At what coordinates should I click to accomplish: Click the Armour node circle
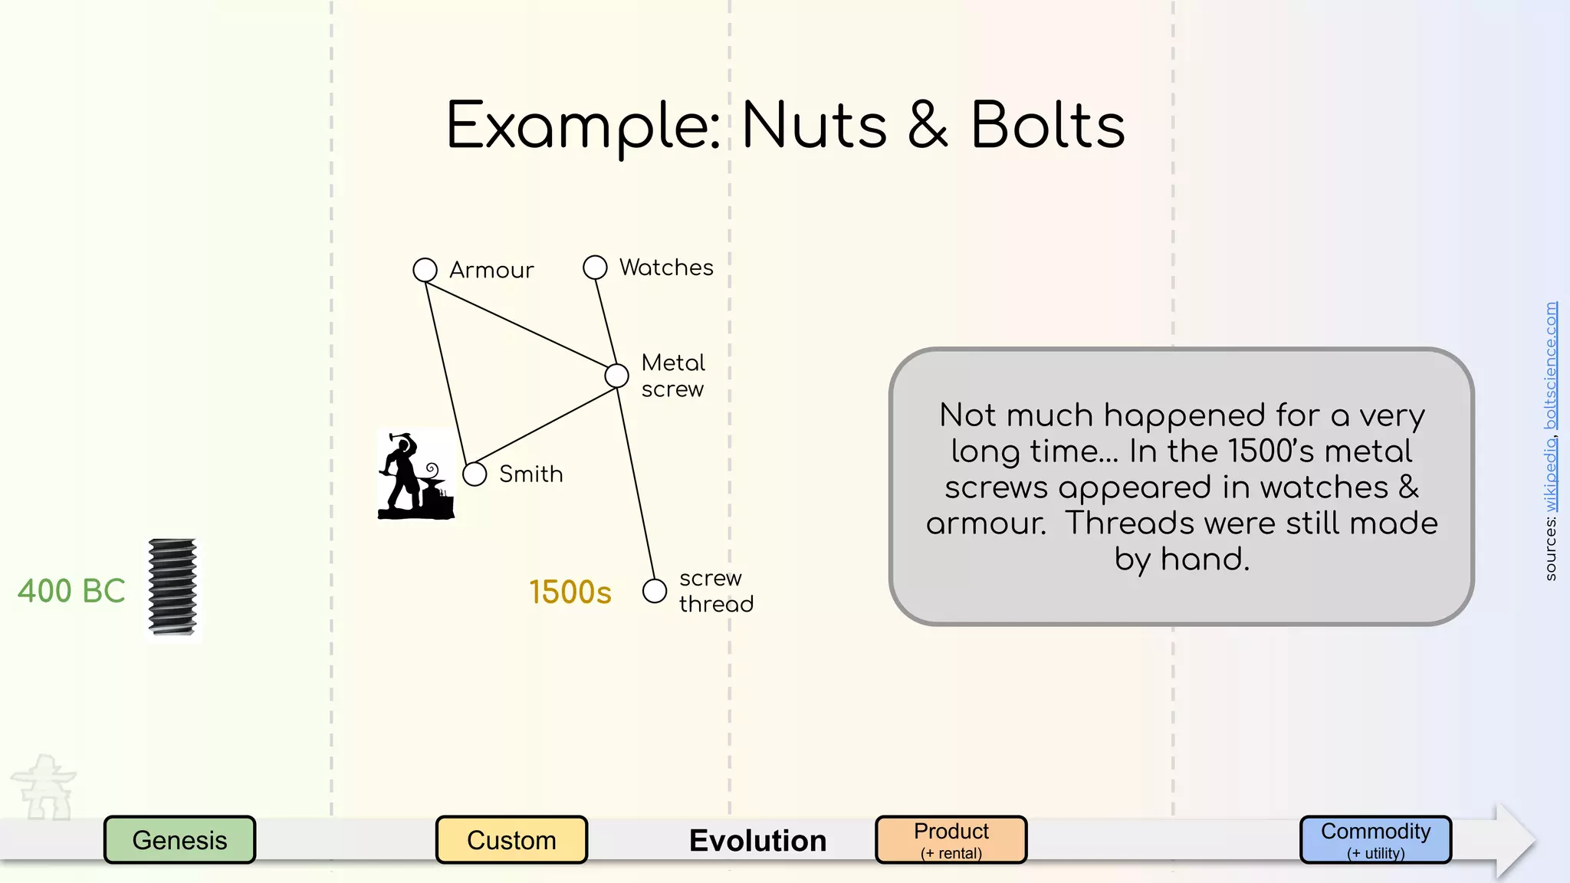click(x=425, y=270)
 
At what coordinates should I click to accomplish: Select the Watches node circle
click(x=595, y=268)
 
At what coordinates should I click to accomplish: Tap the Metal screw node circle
click(x=616, y=376)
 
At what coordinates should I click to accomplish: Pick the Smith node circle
click(x=475, y=474)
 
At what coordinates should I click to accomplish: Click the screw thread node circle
click(x=654, y=591)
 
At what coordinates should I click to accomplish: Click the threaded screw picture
click(x=172, y=588)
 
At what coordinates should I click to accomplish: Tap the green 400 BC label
click(x=71, y=591)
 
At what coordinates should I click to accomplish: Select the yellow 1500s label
click(x=570, y=592)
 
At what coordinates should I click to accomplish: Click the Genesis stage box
click(x=179, y=840)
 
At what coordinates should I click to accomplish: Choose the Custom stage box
click(x=511, y=840)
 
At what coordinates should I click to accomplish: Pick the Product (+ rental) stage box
click(x=951, y=840)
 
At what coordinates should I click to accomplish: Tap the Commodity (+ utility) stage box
click(x=1375, y=840)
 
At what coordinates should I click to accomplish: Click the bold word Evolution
click(x=757, y=841)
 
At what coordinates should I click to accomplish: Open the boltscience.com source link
click(x=1550, y=366)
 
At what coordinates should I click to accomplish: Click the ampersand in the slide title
click(x=928, y=126)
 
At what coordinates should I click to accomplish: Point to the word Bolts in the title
click(x=1048, y=126)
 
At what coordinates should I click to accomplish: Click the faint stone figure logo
click(x=44, y=787)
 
